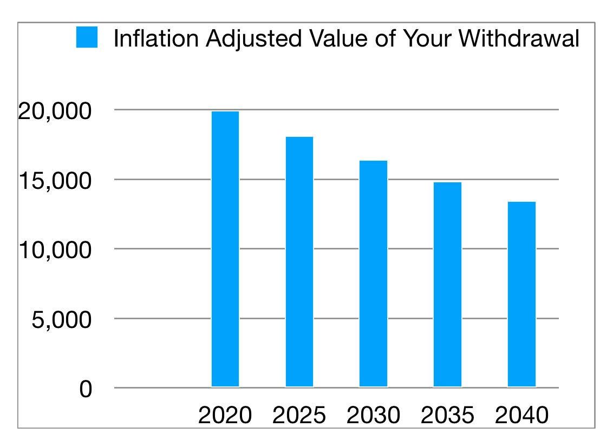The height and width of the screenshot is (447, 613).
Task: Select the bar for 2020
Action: (x=225, y=249)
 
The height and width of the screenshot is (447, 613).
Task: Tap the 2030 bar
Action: (x=374, y=273)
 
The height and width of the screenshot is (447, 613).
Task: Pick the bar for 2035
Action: (x=448, y=284)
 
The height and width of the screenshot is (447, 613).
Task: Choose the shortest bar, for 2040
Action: (x=521, y=294)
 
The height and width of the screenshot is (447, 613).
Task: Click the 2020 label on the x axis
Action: (x=225, y=416)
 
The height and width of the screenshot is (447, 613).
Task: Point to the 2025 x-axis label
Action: (x=299, y=416)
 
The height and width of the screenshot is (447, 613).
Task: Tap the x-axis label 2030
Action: (x=374, y=416)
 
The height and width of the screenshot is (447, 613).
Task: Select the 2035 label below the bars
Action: (x=448, y=416)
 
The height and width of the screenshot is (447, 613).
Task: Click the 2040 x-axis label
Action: (x=521, y=416)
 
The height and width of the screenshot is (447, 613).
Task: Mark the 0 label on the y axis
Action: (x=86, y=389)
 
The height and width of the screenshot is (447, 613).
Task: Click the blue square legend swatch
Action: (x=87, y=37)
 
